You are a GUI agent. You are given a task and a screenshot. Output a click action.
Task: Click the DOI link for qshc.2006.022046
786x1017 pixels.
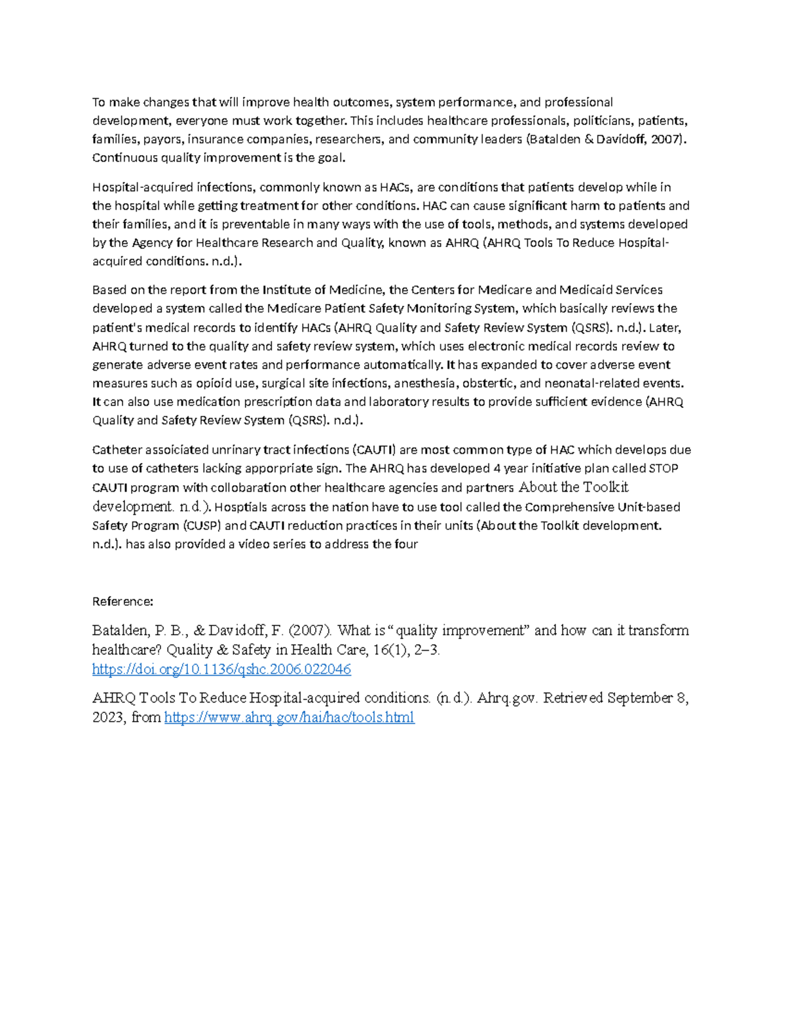click(221, 669)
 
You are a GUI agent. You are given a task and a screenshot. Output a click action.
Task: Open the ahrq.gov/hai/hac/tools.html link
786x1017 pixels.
click(289, 718)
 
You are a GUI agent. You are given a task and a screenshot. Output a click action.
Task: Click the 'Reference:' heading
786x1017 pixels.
click(122, 601)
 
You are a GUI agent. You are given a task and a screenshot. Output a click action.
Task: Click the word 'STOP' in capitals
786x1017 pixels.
click(663, 469)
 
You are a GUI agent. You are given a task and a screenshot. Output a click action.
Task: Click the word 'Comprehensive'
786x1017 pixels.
click(569, 508)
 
